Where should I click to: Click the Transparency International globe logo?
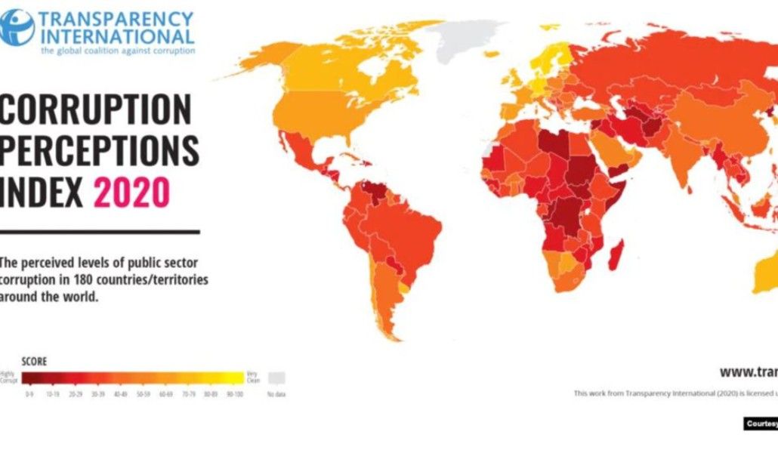click(x=17, y=27)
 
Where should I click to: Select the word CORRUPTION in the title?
click(x=96, y=109)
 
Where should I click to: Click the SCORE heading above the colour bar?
click(x=34, y=362)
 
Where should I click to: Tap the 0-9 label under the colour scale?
click(x=29, y=394)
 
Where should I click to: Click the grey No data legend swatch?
click(x=277, y=377)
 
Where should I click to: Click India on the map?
click(x=684, y=162)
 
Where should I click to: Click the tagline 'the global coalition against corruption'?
click(x=118, y=51)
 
